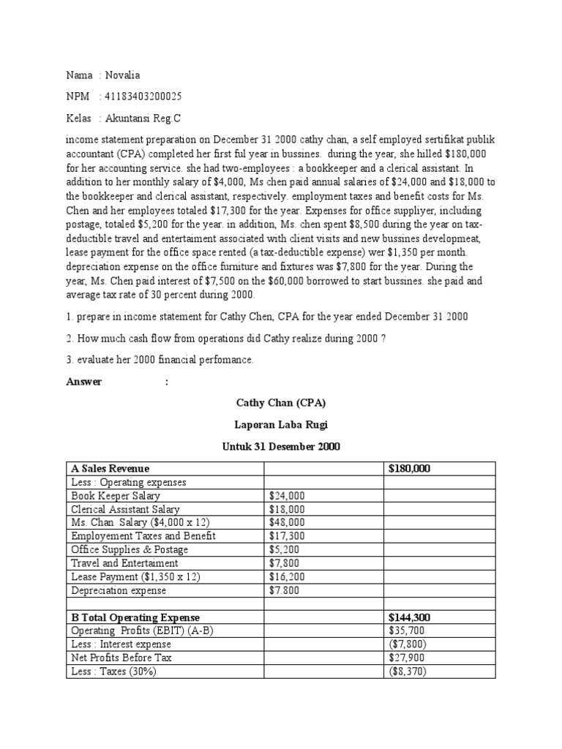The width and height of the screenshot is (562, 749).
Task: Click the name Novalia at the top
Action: (x=123, y=75)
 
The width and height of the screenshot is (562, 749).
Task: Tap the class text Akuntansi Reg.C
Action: (x=143, y=118)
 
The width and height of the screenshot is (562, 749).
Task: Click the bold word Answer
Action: (x=84, y=382)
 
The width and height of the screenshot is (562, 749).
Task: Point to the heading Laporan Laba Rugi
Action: (x=280, y=424)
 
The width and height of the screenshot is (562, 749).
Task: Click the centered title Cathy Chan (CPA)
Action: (x=280, y=403)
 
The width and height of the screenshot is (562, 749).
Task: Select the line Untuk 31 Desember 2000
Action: (x=280, y=445)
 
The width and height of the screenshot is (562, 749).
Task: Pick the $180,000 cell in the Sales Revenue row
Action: (x=410, y=469)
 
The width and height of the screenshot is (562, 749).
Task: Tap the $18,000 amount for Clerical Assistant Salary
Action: (x=287, y=509)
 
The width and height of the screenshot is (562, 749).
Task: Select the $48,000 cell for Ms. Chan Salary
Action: (x=287, y=522)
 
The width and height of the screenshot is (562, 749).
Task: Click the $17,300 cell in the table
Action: (x=287, y=536)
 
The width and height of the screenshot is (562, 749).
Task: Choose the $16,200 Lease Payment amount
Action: (x=287, y=576)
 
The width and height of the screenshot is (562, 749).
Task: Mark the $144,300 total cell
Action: (x=410, y=617)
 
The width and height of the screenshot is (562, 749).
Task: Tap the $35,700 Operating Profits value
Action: (x=407, y=631)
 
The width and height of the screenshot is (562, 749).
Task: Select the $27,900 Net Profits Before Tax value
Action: (x=407, y=658)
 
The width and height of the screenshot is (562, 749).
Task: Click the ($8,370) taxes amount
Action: (x=408, y=671)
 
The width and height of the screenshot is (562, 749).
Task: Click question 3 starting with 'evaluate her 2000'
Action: (x=159, y=359)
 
